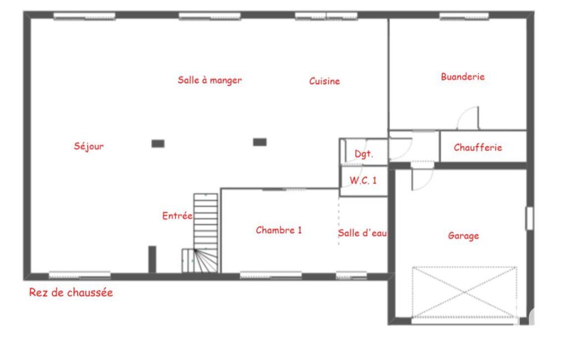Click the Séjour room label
tap(89, 146)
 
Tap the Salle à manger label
tap(209, 80)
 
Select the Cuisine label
tap(325, 81)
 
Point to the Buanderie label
tap(463, 77)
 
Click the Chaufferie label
tap(478, 147)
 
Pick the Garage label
tap(463, 236)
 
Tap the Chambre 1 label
tap(279, 230)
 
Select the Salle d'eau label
tap(362, 233)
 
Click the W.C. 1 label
tap(363, 180)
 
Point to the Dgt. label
tap(364, 154)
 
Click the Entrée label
tap(177, 216)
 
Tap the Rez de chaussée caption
tap(71, 292)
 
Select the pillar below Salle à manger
tap(260, 142)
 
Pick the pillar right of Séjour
tap(158, 143)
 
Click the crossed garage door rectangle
tap(464, 292)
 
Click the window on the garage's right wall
tap(530, 218)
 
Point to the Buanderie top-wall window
tap(464, 16)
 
